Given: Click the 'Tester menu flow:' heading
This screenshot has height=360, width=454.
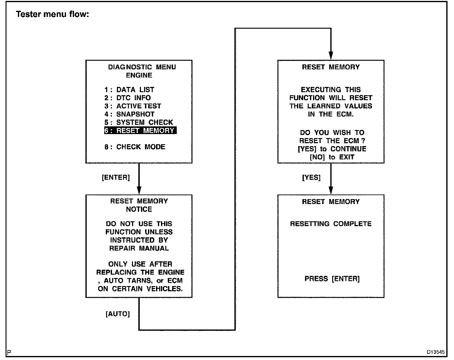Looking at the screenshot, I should coord(52,14).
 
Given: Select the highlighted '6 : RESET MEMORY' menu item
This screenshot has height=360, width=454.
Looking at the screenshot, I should coord(140,131).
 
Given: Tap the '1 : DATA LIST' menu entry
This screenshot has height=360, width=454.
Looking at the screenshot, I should coord(129,90).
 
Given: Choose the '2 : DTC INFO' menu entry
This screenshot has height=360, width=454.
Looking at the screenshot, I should coord(127,98).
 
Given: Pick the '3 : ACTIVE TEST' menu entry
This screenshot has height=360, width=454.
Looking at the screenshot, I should coord(133,106).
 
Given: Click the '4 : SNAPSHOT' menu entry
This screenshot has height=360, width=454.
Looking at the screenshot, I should coord(129,114).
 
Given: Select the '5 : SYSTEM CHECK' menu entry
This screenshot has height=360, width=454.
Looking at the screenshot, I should coord(139,122).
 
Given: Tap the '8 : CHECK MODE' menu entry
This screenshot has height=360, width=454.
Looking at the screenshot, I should coord(135,147).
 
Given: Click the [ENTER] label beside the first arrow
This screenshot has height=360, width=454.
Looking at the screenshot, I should coord(116,178).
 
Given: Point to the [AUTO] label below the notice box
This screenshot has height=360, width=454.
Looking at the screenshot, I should coord(118,314).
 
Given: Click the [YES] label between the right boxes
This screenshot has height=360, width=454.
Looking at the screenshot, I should coord(312,178).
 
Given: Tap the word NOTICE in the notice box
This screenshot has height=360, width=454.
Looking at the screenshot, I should coord(139,209).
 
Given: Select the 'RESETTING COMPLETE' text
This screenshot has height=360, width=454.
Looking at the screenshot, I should coord(331,224).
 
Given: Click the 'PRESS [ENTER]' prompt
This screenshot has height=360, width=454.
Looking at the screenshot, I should coord(332,279).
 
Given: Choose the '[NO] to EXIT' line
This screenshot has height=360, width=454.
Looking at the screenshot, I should coord(332,157).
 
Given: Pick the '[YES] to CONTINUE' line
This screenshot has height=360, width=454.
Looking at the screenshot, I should coord(332,149).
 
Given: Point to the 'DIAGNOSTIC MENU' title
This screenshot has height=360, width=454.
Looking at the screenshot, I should coord(142,67).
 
